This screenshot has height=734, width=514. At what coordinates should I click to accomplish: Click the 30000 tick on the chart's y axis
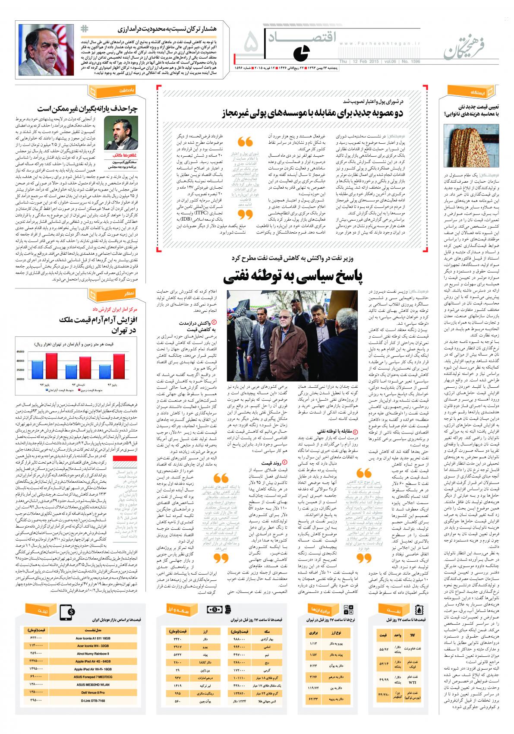point(21,379)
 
